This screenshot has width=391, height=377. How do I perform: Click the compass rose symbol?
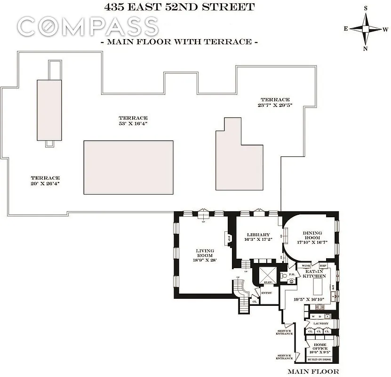[x=366, y=28]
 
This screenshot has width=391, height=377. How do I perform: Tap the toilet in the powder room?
[x=292, y=280]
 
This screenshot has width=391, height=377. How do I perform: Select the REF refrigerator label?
[x=323, y=266]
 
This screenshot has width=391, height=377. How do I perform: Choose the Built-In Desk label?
[x=319, y=359]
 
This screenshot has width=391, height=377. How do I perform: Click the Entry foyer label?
[x=266, y=293]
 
